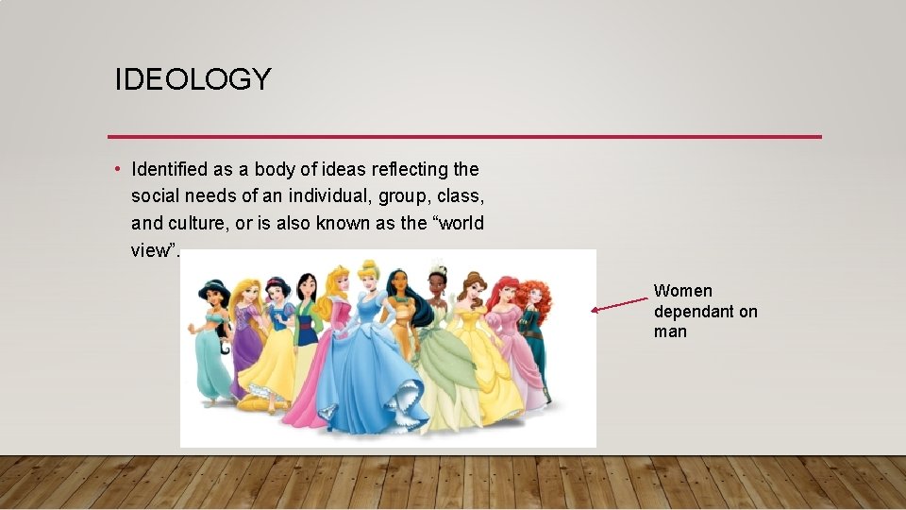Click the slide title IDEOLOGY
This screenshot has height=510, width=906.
point(193,79)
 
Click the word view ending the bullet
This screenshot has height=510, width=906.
point(150,250)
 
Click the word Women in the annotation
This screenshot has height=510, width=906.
point(682,291)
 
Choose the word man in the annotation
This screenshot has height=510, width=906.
point(670,331)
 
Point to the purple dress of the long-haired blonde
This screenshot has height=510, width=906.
point(248,340)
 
